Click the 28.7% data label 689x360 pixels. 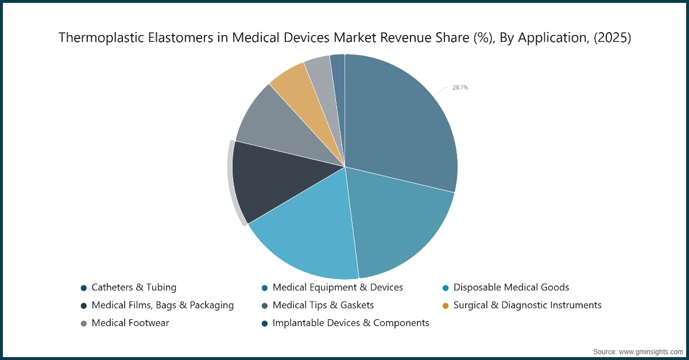click(460, 88)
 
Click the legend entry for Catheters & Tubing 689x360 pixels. click(134, 287)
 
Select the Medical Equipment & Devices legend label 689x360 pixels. click(338, 287)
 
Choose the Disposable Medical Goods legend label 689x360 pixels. click(511, 287)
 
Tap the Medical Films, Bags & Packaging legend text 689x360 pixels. click(162, 305)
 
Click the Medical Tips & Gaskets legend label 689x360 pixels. click(323, 305)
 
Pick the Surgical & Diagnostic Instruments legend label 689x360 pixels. click(527, 305)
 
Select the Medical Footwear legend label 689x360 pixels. click(130, 323)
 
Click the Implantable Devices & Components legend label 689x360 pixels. click(351, 323)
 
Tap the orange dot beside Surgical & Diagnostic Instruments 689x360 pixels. click(446, 305)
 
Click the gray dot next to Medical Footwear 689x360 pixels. click(84, 323)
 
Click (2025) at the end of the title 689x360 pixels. click(612, 38)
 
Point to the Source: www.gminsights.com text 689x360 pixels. click(637, 350)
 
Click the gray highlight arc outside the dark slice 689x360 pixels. click(233, 184)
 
